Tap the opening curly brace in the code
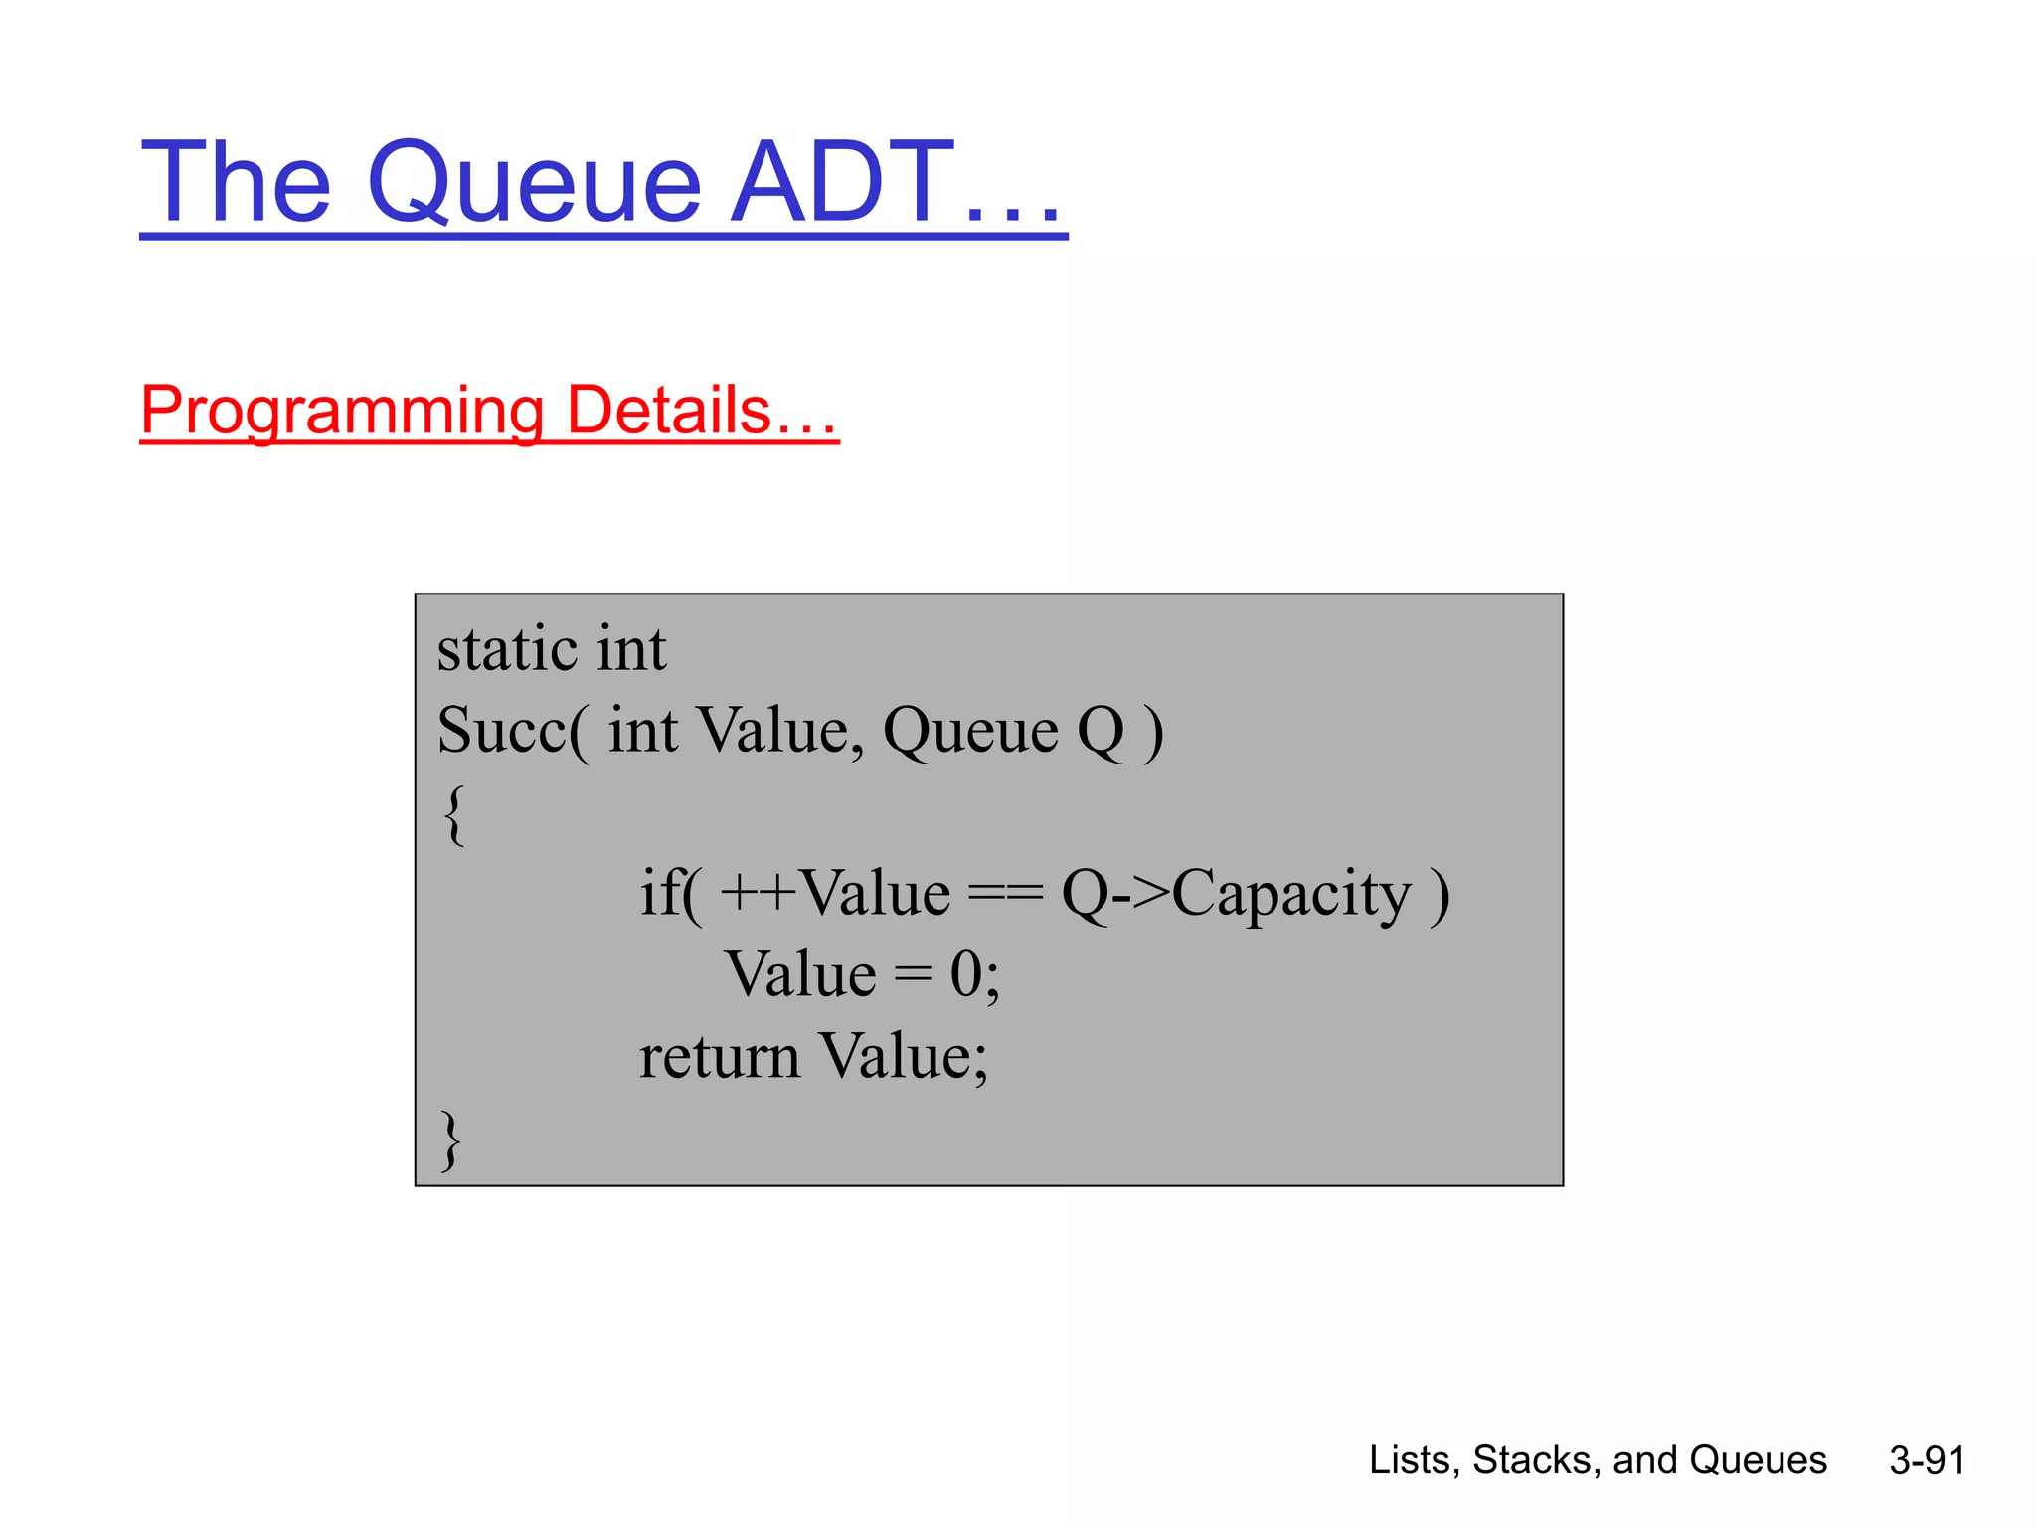click(x=454, y=813)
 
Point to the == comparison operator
click(x=1005, y=893)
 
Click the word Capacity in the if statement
click(x=1291, y=893)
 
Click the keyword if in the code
click(x=662, y=892)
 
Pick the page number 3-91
click(x=1927, y=1460)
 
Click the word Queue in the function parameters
click(x=970, y=731)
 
